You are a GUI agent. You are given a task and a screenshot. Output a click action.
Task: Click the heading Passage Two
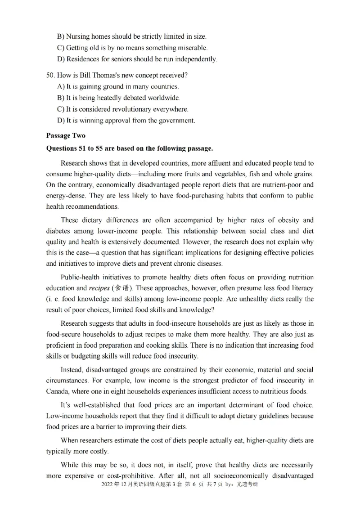point(66,135)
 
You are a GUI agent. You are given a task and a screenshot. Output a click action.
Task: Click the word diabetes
point(59,231)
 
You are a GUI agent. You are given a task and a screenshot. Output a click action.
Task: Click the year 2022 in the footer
point(108,485)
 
